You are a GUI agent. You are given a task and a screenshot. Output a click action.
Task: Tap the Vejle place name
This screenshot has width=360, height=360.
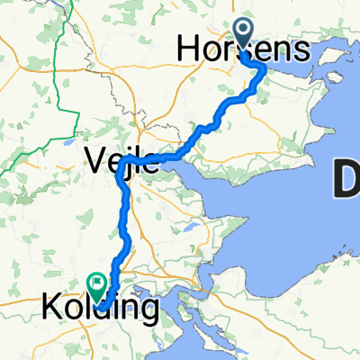[115, 163]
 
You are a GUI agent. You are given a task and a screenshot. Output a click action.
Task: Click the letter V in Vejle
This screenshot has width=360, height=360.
[94, 163]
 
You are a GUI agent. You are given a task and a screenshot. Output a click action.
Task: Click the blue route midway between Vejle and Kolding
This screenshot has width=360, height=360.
[126, 229]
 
